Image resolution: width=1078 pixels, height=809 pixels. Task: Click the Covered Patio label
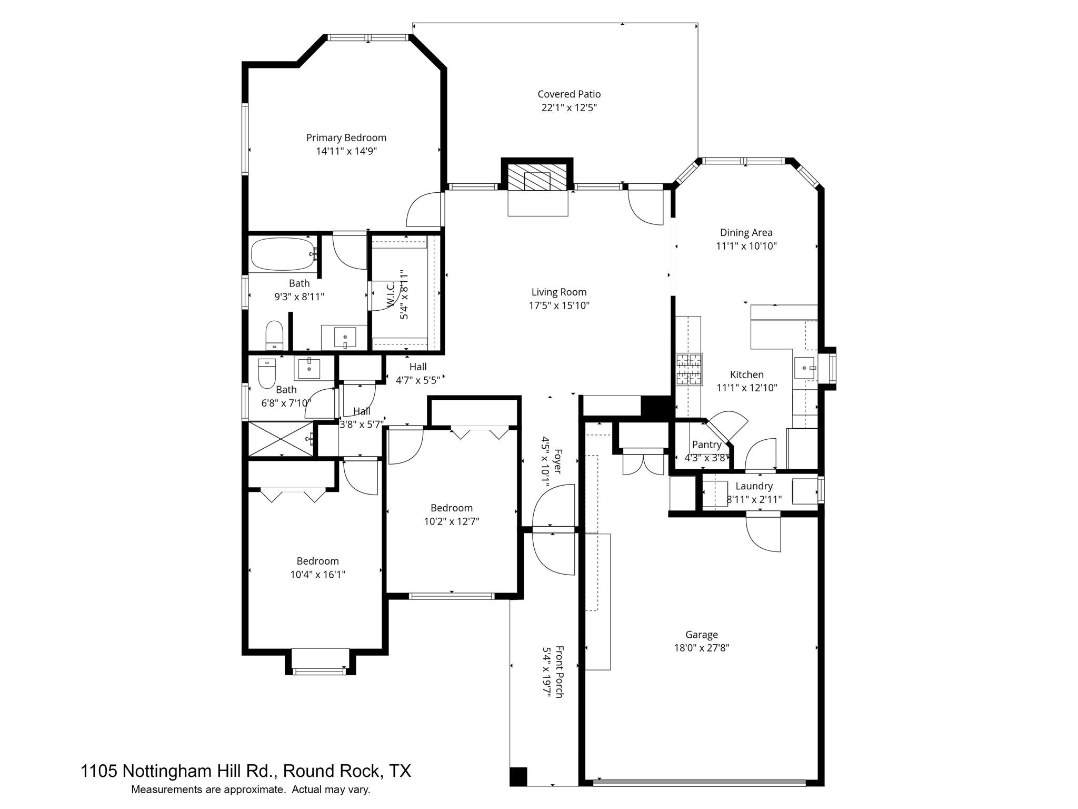[x=568, y=94]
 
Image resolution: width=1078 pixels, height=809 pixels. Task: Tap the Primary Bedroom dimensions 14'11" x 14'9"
[x=346, y=151]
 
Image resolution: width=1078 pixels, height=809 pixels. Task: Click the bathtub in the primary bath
[x=283, y=255]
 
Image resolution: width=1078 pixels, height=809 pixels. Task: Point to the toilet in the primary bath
[x=274, y=335]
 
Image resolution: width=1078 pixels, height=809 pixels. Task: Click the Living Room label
[x=558, y=292]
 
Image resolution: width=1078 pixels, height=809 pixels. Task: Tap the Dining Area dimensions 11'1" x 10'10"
[x=746, y=246]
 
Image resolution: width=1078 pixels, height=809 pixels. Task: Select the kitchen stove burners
[x=689, y=369]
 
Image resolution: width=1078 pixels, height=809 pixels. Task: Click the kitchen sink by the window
[x=804, y=367]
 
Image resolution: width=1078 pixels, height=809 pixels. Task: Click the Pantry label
[x=706, y=445]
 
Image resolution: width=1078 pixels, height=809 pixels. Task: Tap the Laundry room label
[x=754, y=486]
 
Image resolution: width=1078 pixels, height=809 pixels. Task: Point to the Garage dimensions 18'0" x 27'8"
[x=701, y=648]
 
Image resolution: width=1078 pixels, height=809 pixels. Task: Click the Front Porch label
[x=559, y=672]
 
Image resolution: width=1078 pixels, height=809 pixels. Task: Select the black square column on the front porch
[x=518, y=776]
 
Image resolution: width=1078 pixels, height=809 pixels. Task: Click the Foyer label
[x=557, y=461]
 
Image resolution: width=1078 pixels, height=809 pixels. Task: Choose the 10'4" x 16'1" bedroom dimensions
[x=317, y=575]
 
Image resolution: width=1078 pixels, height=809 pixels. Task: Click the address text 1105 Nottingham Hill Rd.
[x=179, y=771]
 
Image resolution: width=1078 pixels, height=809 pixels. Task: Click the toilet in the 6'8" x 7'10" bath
[x=267, y=373]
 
